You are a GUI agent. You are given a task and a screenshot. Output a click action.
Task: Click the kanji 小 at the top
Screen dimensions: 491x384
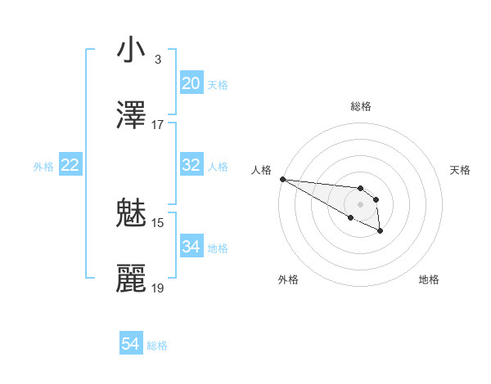pyautogui.click(x=131, y=50)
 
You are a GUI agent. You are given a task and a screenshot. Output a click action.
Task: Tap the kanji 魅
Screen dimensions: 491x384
pyautogui.click(x=131, y=214)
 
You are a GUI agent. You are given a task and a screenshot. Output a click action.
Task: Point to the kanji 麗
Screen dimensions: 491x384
pyautogui.click(x=131, y=279)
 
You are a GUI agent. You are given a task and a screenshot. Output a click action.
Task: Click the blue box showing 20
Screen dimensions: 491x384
pyautogui.click(x=191, y=83)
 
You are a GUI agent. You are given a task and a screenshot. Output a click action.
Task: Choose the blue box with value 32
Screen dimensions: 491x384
pyautogui.click(x=191, y=165)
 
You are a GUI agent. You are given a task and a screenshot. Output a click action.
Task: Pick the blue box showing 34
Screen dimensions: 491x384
pyautogui.click(x=191, y=247)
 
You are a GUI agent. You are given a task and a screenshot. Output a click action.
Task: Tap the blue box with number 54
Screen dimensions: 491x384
pyautogui.click(x=131, y=345)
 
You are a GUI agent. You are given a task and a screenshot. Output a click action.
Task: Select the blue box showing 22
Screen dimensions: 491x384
pyautogui.click(x=70, y=165)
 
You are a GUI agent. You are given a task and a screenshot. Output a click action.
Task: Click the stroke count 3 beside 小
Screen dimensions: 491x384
pyautogui.click(x=157, y=60)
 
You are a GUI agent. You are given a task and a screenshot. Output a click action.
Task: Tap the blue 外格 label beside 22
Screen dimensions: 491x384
pyautogui.click(x=43, y=166)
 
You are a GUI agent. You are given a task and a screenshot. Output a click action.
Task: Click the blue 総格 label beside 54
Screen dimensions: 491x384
pyautogui.click(x=157, y=346)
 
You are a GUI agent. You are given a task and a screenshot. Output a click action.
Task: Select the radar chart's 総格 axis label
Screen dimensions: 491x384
pyautogui.click(x=360, y=106)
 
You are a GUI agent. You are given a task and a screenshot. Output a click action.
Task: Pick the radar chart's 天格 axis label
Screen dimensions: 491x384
pyautogui.click(x=460, y=170)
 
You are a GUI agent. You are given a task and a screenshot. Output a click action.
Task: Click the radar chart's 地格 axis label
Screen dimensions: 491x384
pyautogui.click(x=429, y=279)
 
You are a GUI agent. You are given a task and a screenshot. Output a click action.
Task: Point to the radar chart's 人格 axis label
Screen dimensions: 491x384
pyautogui.click(x=262, y=170)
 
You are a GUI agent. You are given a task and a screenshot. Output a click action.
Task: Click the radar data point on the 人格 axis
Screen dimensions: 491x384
pyautogui.click(x=282, y=179)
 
